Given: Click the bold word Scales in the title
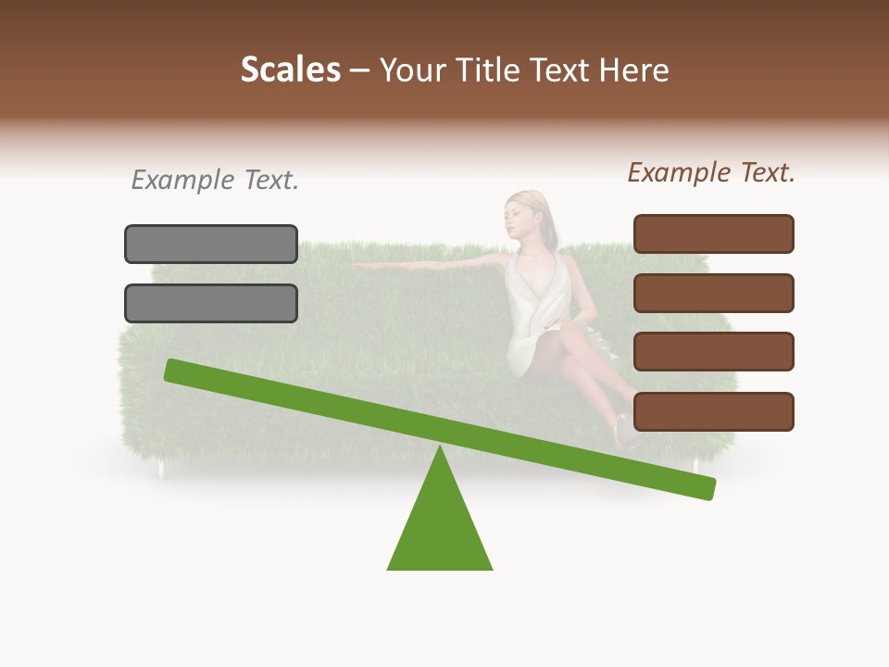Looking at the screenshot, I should [x=291, y=69].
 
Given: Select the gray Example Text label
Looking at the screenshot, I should [x=215, y=181].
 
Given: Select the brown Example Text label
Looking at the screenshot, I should [x=711, y=172].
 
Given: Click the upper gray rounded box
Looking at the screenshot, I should [x=211, y=244].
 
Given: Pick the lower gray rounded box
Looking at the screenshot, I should [x=211, y=303].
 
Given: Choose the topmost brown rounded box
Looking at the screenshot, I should [x=713, y=233].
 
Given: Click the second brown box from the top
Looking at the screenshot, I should [x=713, y=293].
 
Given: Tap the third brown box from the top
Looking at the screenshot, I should [x=713, y=351].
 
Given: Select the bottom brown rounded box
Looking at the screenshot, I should [x=713, y=411].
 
